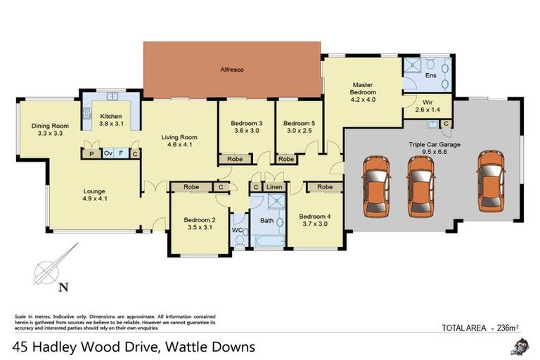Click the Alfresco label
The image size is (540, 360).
pyautogui.click(x=231, y=70)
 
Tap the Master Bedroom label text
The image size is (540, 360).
pyautogui.click(x=364, y=92)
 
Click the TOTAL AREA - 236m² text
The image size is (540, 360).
pyautogui.click(x=480, y=327)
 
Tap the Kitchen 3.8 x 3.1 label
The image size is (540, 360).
pyautogui.click(x=111, y=120)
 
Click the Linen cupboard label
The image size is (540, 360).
pyautogui.click(x=274, y=187)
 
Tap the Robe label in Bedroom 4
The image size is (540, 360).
pyautogui.click(x=325, y=187)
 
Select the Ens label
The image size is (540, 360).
pyautogui.click(x=431, y=75)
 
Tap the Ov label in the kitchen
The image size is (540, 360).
pyautogui.click(x=108, y=153)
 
